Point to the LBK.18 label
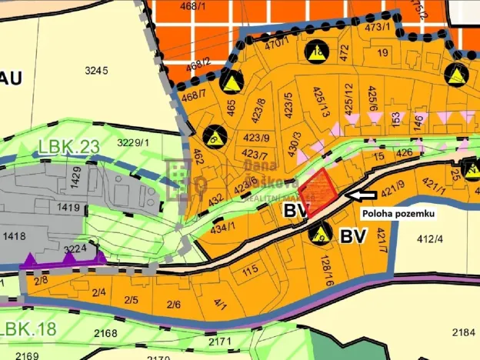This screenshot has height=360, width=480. (28, 329)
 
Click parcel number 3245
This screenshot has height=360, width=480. (97, 71)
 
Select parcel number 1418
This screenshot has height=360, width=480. (16, 237)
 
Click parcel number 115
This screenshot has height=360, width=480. (250, 272)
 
